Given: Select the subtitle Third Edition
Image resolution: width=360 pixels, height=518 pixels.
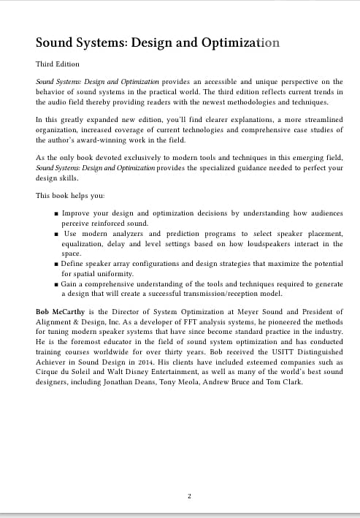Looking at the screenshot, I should (x=57, y=64).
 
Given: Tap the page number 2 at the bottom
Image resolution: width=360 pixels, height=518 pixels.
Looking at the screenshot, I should (x=189, y=497).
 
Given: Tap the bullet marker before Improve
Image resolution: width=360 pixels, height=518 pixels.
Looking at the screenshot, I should (x=57, y=213).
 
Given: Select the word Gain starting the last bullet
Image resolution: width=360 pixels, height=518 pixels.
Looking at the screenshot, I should (x=71, y=283).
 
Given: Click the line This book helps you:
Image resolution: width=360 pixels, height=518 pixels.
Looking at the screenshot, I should (x=70, y=196).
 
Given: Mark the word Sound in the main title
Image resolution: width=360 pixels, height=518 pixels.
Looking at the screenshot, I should (x=57, y=42).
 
